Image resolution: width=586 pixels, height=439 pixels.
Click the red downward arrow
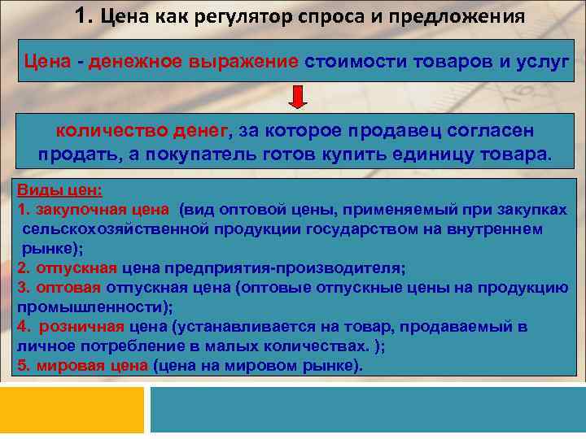tap(298, 98)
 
